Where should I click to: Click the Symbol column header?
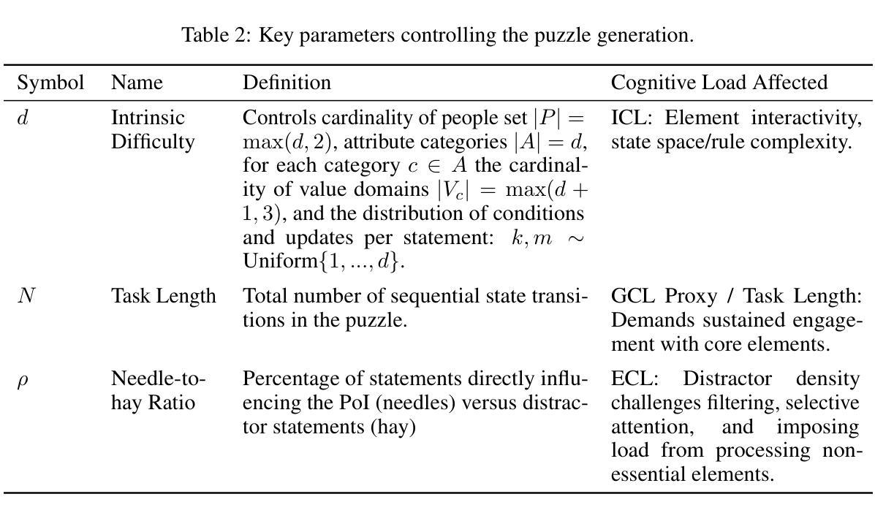[50, 83]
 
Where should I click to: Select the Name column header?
[137, 83]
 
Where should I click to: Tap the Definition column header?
[287, 83]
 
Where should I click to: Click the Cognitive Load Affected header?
[719, 83]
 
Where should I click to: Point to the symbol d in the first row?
[23, 118]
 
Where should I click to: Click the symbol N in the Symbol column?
[26, 295]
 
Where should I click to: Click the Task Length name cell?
[164, 296]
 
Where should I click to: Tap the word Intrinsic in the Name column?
[148, 118]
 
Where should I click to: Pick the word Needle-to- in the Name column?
[159, 379]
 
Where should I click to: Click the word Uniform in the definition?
[280, 261]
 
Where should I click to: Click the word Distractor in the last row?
[727, 379]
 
